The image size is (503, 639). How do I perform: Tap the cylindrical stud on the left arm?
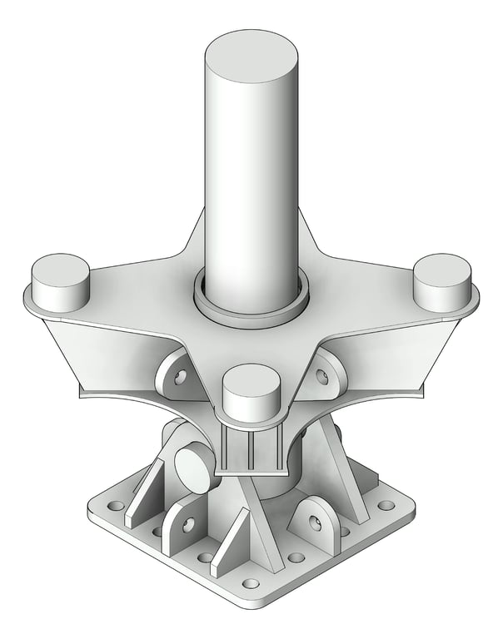pyautogui.click(x=60, y=283)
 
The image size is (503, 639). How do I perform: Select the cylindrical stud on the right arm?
pyautogui.click(x=443, y=281)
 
